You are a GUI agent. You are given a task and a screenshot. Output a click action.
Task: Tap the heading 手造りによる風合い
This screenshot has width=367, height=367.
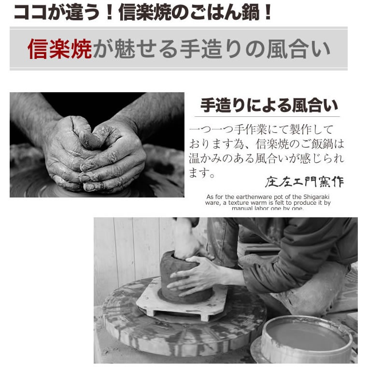[x=269, y=105]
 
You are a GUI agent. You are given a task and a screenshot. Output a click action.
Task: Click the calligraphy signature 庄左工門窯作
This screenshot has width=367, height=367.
[x=304, y=182]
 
